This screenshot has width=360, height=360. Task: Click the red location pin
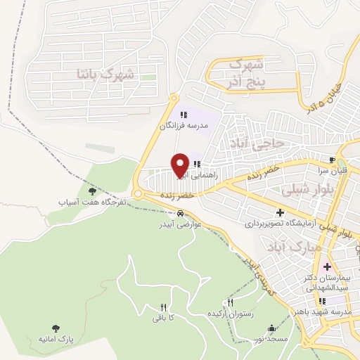[x=181, y=165]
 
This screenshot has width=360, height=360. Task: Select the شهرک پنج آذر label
[x=246, y=73]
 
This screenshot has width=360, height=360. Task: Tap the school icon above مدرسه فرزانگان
[x=184, y=115]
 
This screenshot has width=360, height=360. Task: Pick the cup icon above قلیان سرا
[x=333, y=160]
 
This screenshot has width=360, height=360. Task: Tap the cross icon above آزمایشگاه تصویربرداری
[x=281, y=212]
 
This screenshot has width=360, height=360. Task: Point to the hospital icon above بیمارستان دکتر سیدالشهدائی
[x=326, y=267]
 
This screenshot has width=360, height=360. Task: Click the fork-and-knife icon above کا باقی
[x=164, y=307]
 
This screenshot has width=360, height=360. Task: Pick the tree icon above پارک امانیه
[x=56, y=328]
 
